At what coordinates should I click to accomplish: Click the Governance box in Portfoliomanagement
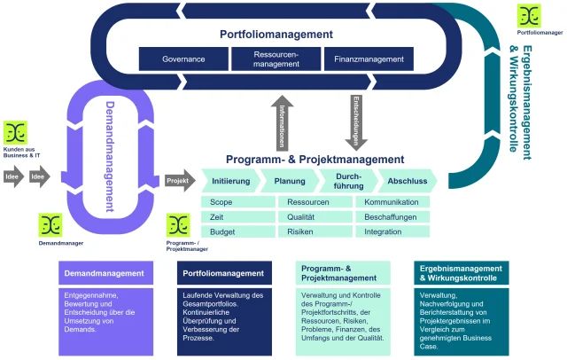pyautogui.click(x=183, y=59)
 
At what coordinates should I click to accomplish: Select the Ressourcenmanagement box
pyautogui.click(x=276, y=59)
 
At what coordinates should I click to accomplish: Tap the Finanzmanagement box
pyautogui.click(x=369, y=59)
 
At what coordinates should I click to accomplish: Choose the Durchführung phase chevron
pyautogui.click(x=348, y=181)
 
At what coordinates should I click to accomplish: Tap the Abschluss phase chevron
pyautogui.click(x=408, y=181)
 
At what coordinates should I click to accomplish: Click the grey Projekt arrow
pyautogui.click(x=178, y=181)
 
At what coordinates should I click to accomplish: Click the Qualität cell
pyautogui.click(x=314, y=217)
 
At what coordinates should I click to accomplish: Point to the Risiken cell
pyautogui.click(x=314, y=231)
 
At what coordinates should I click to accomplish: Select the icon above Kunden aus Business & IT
pyautogui.click(x=15, y=133)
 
